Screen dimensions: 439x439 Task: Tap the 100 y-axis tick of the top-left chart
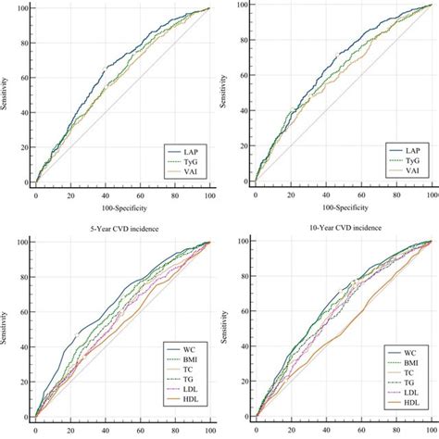[20, 9]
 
